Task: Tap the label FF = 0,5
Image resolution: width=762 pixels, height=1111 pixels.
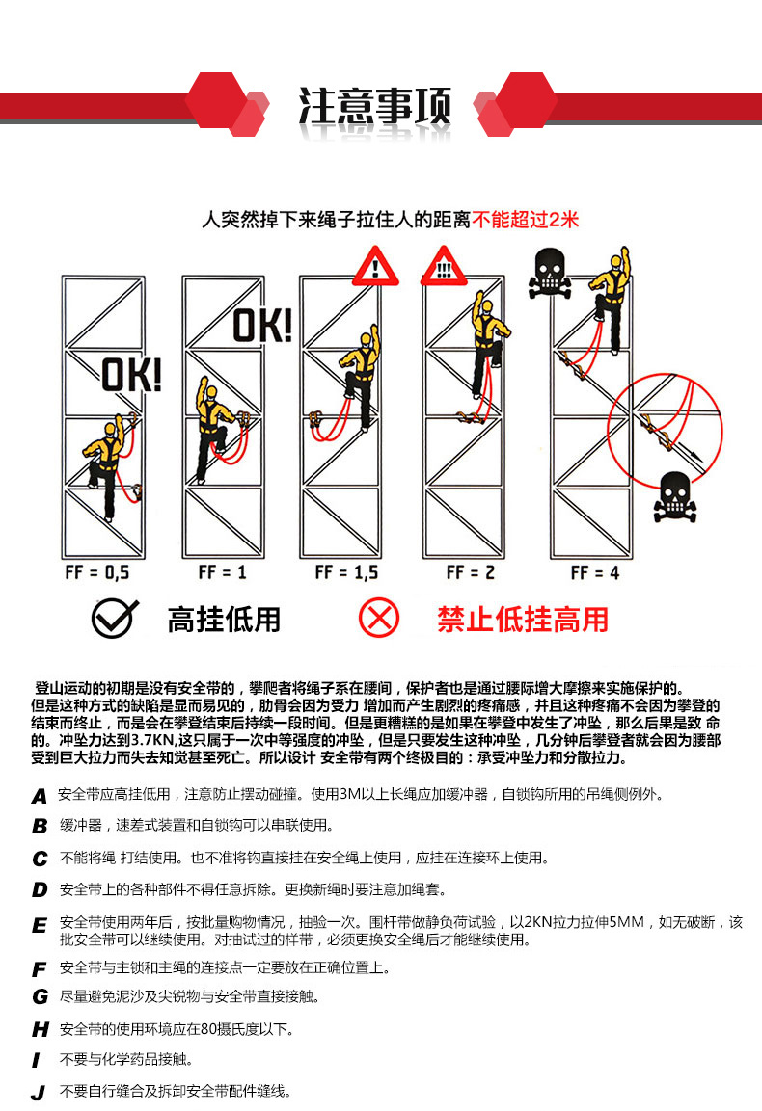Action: pyautogui.click(x=97, y=572)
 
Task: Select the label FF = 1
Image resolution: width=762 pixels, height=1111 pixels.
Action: pyautogui.click(x=222, y=572)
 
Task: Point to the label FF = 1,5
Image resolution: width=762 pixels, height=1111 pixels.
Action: pyautogui.click(x=346, y=572)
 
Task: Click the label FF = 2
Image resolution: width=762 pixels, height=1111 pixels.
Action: pyautogui.click(x=471, y=572)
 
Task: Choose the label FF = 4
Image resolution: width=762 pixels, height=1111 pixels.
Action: pyautogui.click(x=594, y=572)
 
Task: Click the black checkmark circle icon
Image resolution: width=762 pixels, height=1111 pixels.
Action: pyautogui.click(x=114, y=619)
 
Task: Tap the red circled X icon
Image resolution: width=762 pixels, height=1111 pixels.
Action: pyautogui.click(x=379, y=618)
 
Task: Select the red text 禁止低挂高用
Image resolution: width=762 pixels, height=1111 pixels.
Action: pyautogui.click(x=523, y=620)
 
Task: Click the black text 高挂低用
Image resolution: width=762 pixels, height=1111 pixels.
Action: pyautogui.click(x=224, y=620)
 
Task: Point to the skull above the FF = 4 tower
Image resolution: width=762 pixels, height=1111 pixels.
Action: pyautogui.click(x=549, y=272)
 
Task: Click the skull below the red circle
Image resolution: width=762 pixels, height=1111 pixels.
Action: pyautogui.click(x=675, y=496)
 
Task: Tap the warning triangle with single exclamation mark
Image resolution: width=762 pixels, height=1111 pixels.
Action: pyautogui.click(x=375, y=266)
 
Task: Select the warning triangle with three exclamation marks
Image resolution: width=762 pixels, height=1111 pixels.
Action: pyautogui.click(x=444, y=266)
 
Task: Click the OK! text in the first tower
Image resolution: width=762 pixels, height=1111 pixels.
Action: pyautogui.click(x=131, y=375)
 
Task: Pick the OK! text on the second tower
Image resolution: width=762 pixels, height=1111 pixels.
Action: pyautogui.click(x=262, y=326)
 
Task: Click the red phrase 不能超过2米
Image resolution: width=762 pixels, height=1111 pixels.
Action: pyautogui.click(x=526, y=219)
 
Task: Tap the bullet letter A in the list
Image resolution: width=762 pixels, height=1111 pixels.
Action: pyautogui.click(x=40, y=797)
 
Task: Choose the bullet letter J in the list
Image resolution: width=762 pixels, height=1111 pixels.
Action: pyautogui.click(x=39, y=1094)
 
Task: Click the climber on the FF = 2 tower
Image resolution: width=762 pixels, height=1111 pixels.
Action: pyautogui.click(x=487, y=346)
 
